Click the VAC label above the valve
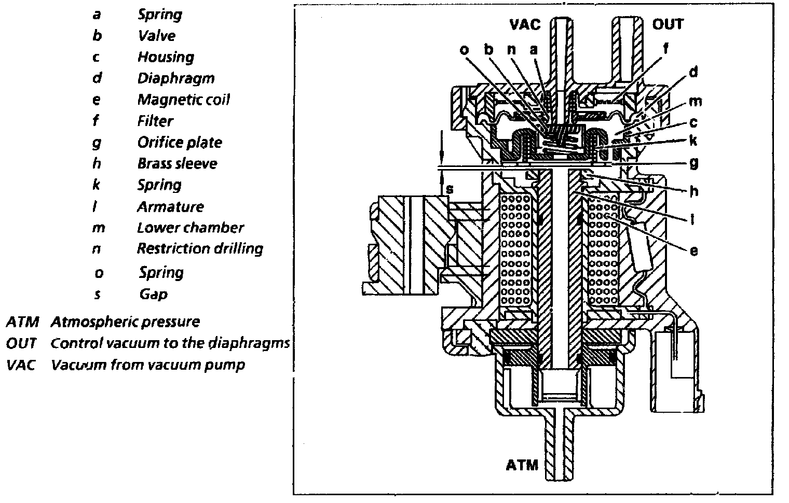coord(524,24)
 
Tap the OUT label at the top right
coord(668,24)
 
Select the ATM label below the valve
coord(522,465)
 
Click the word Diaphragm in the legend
coord(175,78)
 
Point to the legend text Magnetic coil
coord(183,100)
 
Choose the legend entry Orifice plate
coord(179,142)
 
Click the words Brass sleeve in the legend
coord(177,163)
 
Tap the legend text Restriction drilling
coord(200,248)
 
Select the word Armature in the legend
coord(170,206)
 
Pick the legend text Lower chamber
coord(190,227)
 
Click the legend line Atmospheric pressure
coord(125,322)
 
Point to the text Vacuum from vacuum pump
coord(147,365)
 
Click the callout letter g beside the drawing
coord(693,163)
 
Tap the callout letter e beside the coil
coord(693,250)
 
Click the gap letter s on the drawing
coord(450,189)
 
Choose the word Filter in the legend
coord(155,121)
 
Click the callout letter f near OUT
coord(665,48)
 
